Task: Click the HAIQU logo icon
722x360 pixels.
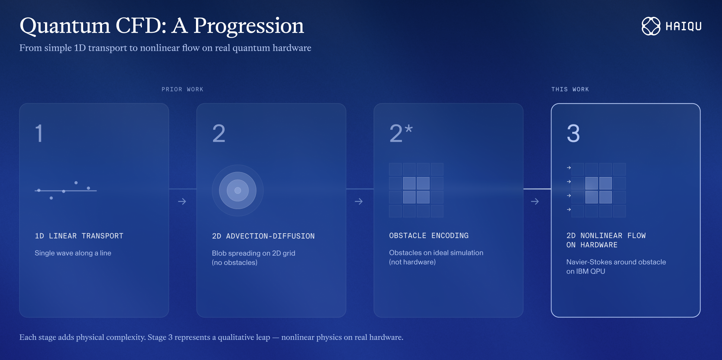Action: [x=651, y=26]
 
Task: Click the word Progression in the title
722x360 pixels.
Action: [x=248, y=26]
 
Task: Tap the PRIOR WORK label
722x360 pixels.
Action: [x=183, y=89]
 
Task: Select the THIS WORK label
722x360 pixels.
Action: [x=570, y=89]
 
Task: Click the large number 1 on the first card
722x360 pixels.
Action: [x=39, y=133]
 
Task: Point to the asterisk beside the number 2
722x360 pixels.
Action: [x=409, y=129]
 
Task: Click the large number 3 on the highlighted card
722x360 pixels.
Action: [x=573, y=133]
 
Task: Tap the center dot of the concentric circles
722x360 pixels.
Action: [x=238, y=190]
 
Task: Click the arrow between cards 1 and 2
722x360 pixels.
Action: [x=182, y=202]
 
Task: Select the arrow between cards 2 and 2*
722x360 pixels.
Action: [x=359, y=202]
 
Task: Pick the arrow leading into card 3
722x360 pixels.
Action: [x=535, y=202]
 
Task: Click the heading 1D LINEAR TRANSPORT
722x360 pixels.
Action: [x=79, y=236]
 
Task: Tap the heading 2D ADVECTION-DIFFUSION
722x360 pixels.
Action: [x=263, y=236]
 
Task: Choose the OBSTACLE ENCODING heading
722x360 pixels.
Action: [x=429, y=236]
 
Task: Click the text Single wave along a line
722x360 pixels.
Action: [x=73, y=253]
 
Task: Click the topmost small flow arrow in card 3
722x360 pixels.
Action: [x=569, y=168]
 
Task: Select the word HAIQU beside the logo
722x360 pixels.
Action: [x=684, y=26]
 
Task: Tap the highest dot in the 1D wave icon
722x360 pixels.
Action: [x=76, y=183]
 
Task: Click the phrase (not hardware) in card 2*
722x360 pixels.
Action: [x=412, y=262]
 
